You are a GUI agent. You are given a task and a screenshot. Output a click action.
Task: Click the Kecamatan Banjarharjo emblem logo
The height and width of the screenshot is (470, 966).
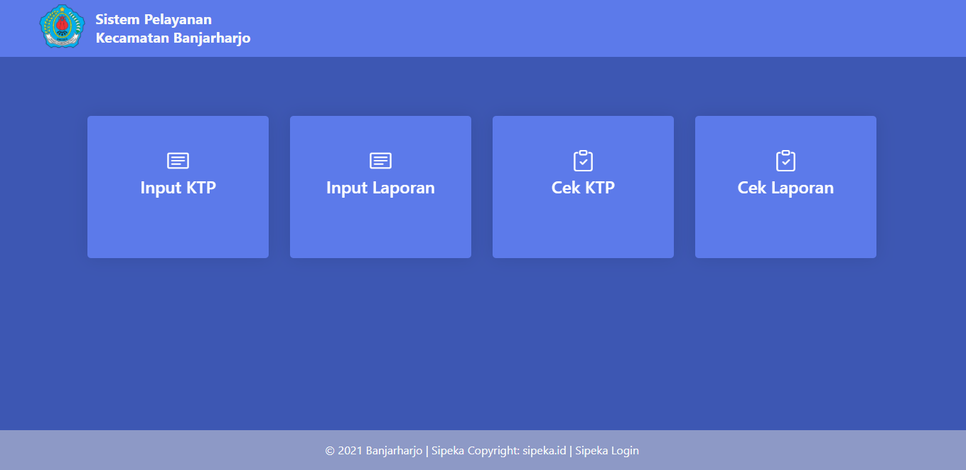(x=62, y=26)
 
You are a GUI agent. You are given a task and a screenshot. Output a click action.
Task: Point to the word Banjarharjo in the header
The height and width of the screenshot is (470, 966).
(x=212, y=38)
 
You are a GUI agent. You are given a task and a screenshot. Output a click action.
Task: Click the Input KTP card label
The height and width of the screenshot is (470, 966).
(x=178, y=188)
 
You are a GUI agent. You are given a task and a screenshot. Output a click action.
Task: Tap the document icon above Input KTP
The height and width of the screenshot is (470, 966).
(x=178, y=161)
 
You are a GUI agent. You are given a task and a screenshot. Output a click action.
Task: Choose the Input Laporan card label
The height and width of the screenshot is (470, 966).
(x=380, y=188)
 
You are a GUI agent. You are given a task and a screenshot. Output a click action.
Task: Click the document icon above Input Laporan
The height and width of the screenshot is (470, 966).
(x=380, y=161)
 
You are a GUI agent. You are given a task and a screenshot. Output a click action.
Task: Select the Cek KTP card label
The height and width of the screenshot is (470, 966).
(x=583, y=188)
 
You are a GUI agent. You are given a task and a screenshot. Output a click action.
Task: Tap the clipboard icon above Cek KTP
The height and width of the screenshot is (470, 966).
(x=583, y=161)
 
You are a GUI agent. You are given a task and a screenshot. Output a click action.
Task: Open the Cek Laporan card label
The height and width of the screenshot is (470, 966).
(x=785, y=188)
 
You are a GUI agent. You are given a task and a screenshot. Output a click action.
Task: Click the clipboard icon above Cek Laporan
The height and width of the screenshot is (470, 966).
(x=785, y=161)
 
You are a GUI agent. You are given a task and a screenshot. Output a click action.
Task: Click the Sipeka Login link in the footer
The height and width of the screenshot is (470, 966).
(x=607, y=451)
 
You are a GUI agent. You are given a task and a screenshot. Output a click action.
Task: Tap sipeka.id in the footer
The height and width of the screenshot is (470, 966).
(x=544, y=451)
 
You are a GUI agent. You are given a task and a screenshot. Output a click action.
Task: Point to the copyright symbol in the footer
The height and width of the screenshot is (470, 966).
(x=330, y=451)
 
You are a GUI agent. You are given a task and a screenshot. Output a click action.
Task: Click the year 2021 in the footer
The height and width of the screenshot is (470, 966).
(x=350, y=451)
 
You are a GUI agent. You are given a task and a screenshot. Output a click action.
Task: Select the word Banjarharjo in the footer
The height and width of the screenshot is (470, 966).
(x=395, y=451)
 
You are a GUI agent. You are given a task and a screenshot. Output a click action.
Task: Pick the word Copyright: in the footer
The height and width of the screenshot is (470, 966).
(x=494, y=451)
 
